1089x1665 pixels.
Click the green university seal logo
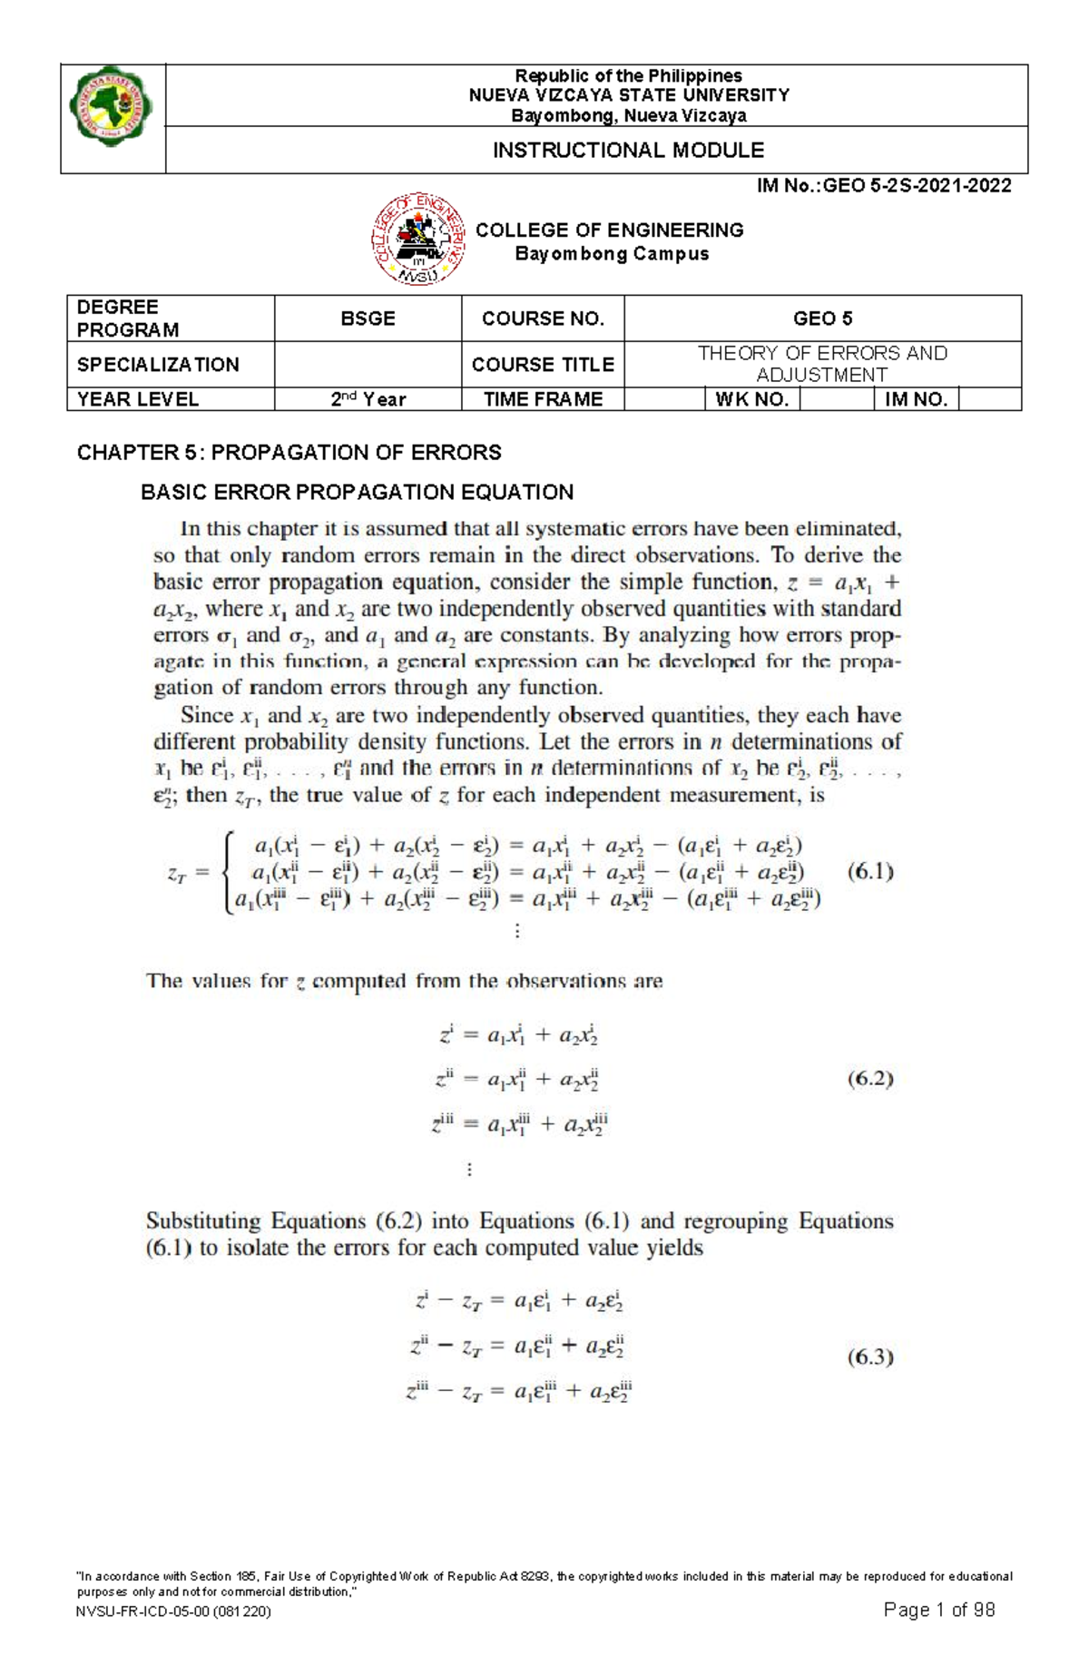tap(112, 106)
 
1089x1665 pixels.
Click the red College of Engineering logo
tap(417, 240)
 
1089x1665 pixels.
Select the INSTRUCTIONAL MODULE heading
tap(628, 151)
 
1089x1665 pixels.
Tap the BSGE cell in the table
tap(368, 318)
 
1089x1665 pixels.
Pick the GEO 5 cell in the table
tap(822, 318)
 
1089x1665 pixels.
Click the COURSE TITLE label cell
tap(543, 365)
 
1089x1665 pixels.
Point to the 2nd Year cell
tap(368, 399)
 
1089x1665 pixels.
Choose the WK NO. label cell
tap(752, 399)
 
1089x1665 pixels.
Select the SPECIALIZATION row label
tap(158, 365)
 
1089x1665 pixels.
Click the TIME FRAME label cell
tap(543, 399)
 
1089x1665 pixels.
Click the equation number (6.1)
tap(870, 872)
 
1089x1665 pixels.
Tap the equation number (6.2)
tap(870, 1079)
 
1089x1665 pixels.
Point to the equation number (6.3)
tap(870, 1357)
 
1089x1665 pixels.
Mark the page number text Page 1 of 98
tap(938, 1610)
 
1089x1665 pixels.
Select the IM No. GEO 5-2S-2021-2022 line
tap(884, 186)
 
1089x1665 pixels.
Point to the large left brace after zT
tap(228, 872)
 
